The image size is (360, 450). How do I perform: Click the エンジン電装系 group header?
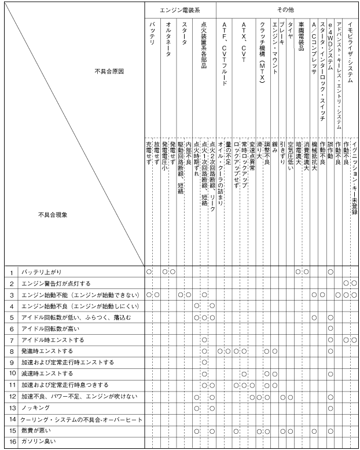coord(180,10)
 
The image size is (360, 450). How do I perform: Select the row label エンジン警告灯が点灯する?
coord(57,283)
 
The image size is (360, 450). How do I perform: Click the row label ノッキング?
coord(35,407)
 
